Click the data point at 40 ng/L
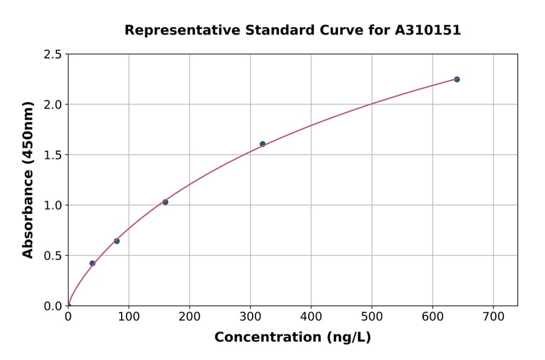tap(92, 263)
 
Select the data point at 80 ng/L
tap(117, 241)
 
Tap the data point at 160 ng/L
tap(165, 202)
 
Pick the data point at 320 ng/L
tap(262, 144)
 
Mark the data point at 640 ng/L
tap(457, 79)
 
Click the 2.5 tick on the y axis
tap(53, 55)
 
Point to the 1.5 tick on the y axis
tap(53, 155)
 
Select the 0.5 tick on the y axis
tap(53, 256)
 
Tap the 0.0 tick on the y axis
tap(53, 306)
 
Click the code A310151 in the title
tap(428, 30)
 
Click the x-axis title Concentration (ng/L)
tap(292, 337)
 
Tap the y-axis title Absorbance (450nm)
tap(28, 179)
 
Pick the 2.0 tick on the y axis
tap(53, 105)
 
